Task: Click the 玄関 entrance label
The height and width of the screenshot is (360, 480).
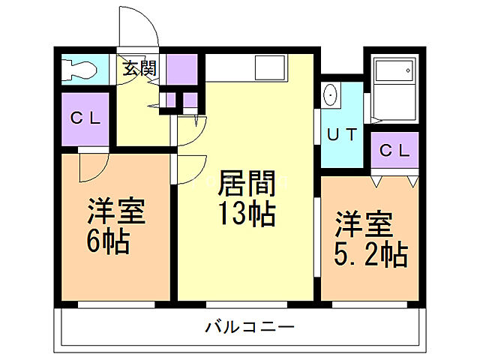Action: click(139, 68)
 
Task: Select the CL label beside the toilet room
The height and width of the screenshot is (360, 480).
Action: click(85, 118)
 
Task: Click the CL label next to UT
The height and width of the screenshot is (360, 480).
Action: click(394, 150)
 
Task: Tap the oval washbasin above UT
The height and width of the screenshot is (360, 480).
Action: click(330, 96)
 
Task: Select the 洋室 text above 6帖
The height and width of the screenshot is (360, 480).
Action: click(115, 211)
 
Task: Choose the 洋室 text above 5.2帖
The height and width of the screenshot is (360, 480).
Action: click(363, 223)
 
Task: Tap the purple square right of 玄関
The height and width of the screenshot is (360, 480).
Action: click(181, 69)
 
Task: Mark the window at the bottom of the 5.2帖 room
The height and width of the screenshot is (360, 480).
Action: click(367, 304)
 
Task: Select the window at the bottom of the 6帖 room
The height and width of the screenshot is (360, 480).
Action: click(116, 304)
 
